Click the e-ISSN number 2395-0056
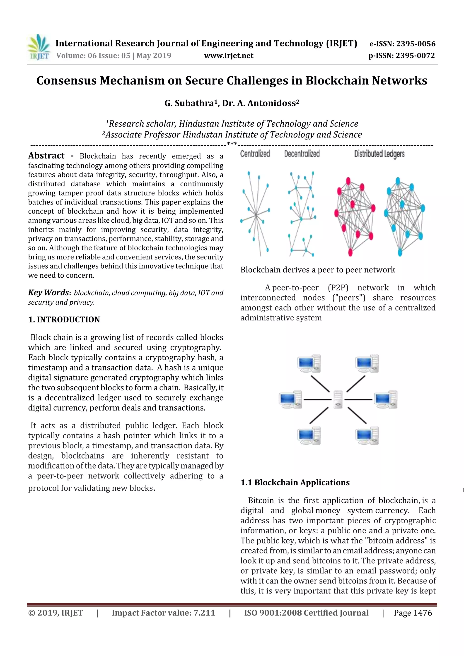coord(415,44)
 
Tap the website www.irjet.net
coord(229,55)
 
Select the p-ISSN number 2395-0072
coord(415,56)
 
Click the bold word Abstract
coord(46,156)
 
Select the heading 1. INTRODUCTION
coord(64,320)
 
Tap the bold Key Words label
coord(49,293)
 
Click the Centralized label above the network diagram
coord(255,154)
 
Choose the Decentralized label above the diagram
coord(302,154)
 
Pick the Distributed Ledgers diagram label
coord(379,154)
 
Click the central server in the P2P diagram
coord(338,399)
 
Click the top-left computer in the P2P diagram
coord(309,363)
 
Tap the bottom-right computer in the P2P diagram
coord(367,435)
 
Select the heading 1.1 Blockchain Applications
coord(295,483)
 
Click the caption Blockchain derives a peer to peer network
coord(318,270)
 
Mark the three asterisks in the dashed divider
coord(232,144)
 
